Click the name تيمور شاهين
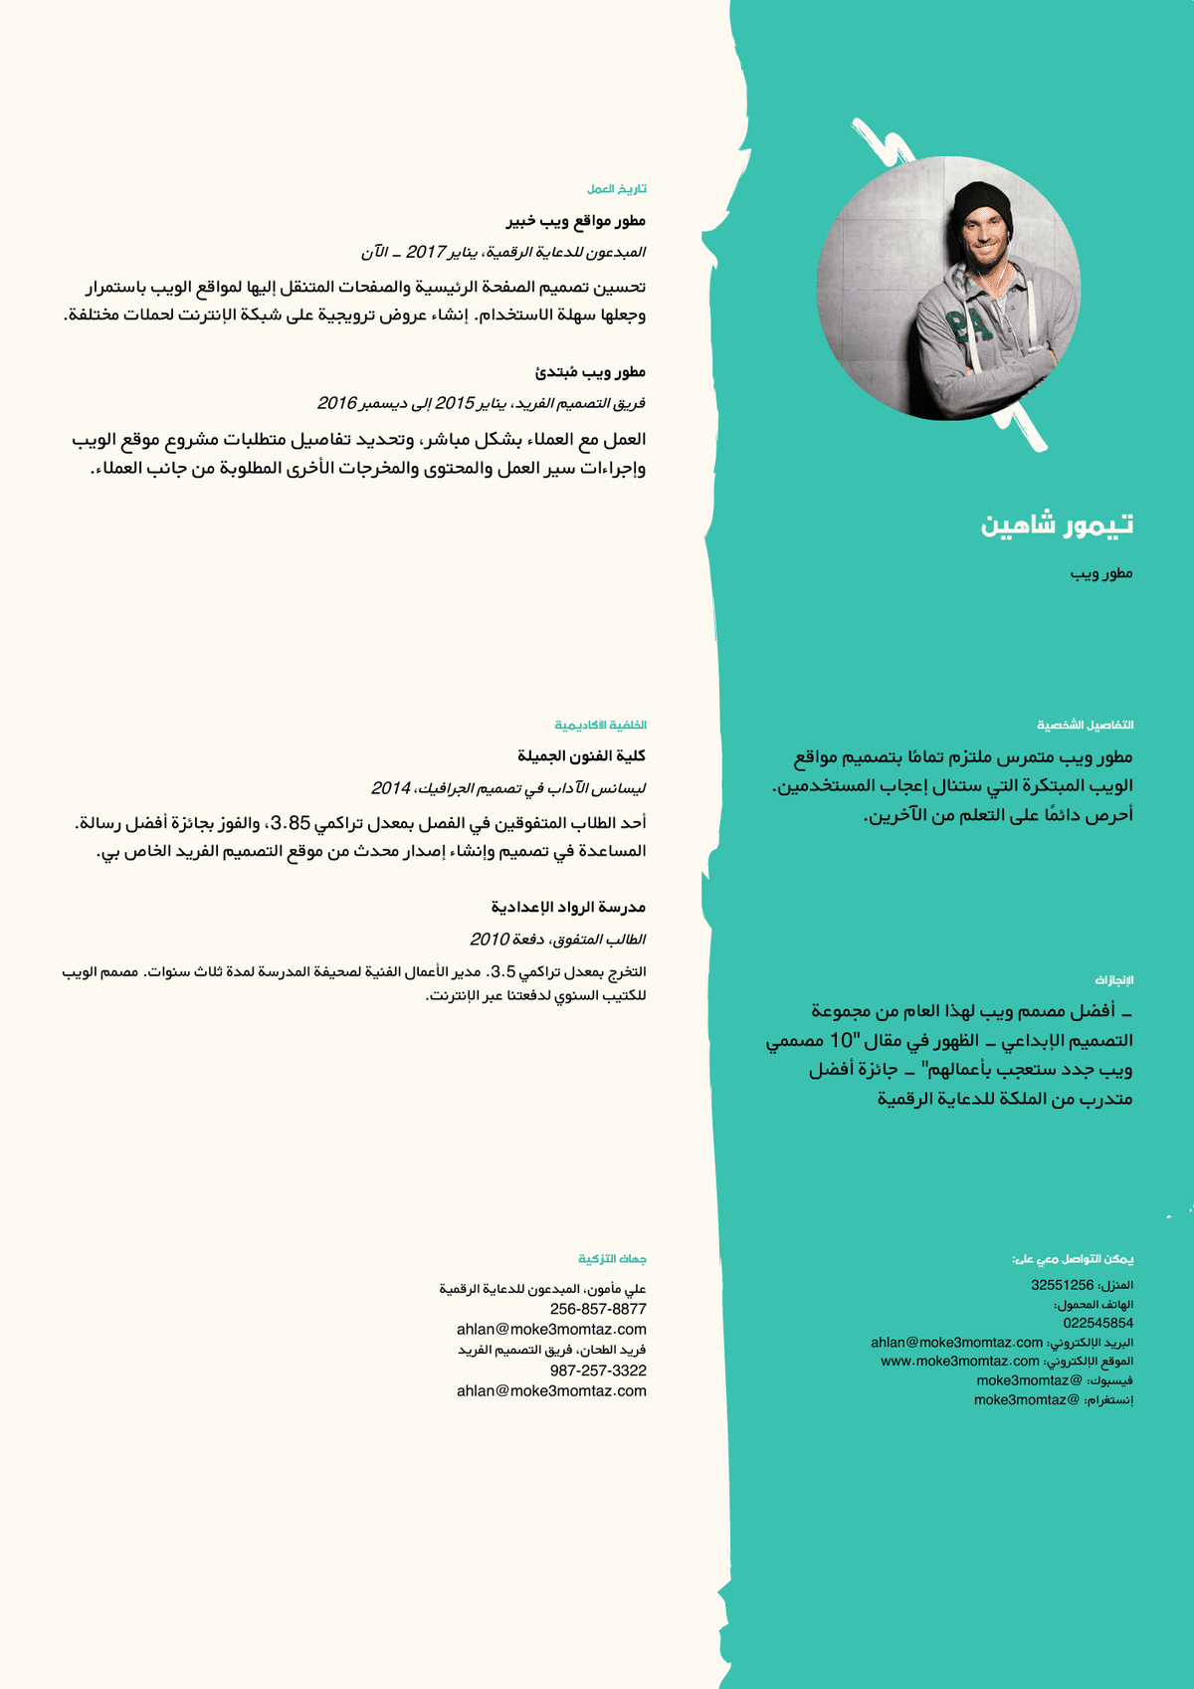pyautogui.click(x=1057, y=525)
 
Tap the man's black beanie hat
pyautogui.click(x=981, y=207)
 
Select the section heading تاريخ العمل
pyautogui.click(x=616, y=189)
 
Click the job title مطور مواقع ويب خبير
pyautogui.click(x=575, y=221)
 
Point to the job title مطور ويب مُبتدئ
pyautogui.click(x=590, y=372)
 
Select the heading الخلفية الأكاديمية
pyautogui.click(x=600, y=725)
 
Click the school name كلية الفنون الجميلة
pyautogui.click(x=581, y=756)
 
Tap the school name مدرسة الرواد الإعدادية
pyautogui.click(x=568, y=908)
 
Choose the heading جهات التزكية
pyautogui.click(x=612, y=1259)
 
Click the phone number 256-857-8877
pyautogui.click(x=598, y=1309)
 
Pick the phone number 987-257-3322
pyautogui.click(x=598, y=1371)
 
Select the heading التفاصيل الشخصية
pyautogui.click(x=1085, y=725)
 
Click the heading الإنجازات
pyautogui.click(x=1114, y=980)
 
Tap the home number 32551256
pyautogui.click(x=1062, y=1285)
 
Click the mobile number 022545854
pyautogui.click(x=1097, y=1323)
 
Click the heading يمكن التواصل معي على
pyautogui.click(x=1073, y=1259)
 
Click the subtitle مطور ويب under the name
pyautogui.click(x=1101, y=573)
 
